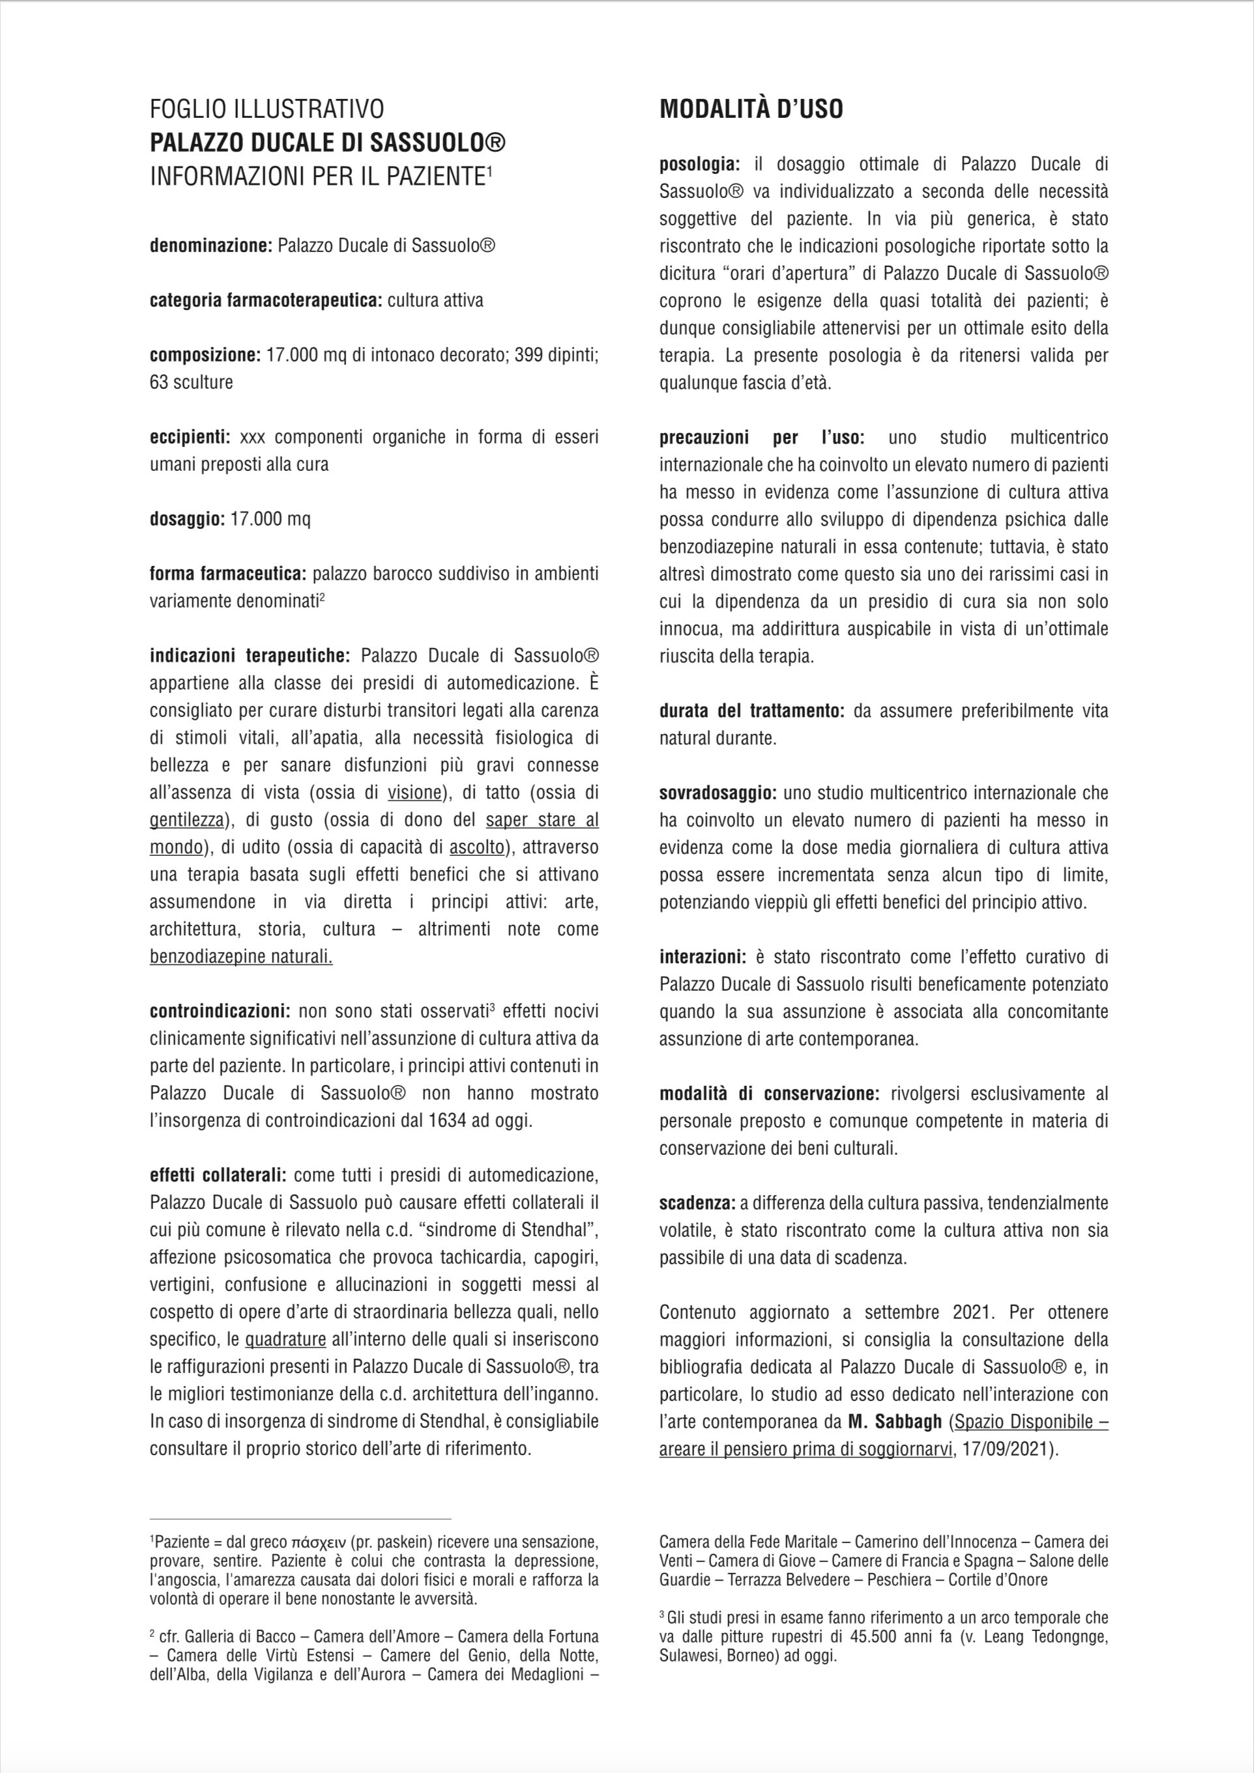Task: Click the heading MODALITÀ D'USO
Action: pyautogui.click(x=750, y=109)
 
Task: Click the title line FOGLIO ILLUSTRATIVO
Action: pyautogui.click(x=267, y=109)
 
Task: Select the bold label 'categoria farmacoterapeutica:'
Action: pyautogui.click(x=265, y=300)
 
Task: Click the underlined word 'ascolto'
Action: pyautogui.click(x=476, y=847)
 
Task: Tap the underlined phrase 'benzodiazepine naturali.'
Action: pyautogui.click(x=241, y=957)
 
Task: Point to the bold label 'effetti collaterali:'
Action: pyautogui.click(x=218, y=1175)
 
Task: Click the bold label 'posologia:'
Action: pyautogui.click(x=699, y=163)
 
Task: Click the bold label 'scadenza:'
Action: pyautogui.click(x=697, y=1203)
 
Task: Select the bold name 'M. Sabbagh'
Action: pyautogui.click(x=895, y=1422)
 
